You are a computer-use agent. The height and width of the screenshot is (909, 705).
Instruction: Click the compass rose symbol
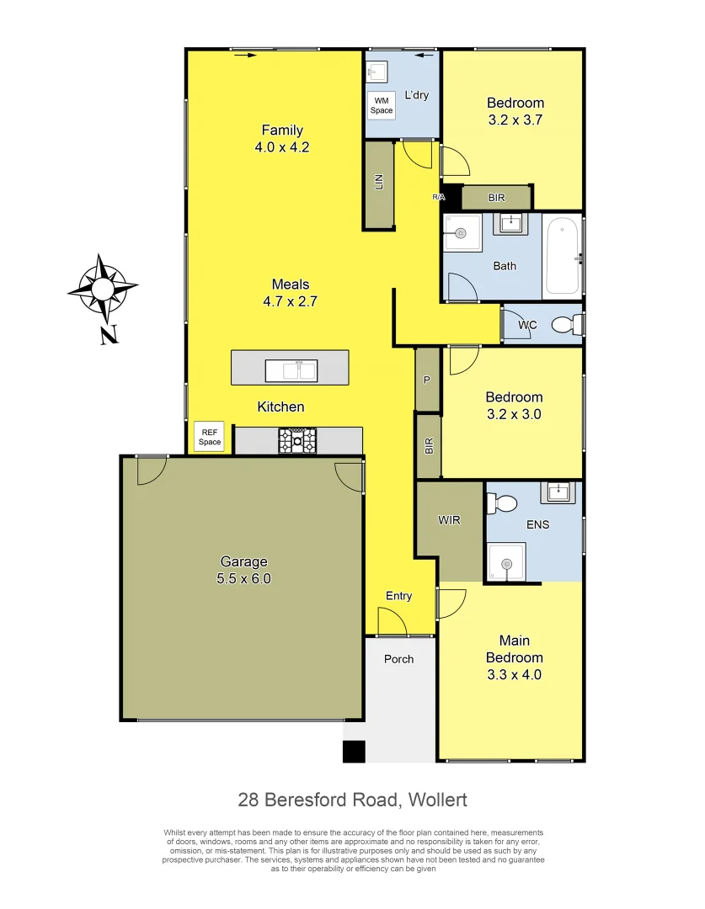tap(103, 290)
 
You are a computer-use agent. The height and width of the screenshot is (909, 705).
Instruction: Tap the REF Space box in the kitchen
tap(209, 437)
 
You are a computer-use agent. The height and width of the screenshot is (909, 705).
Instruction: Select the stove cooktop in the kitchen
tap(298, 440)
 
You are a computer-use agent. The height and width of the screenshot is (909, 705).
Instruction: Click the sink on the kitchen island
tap(291, 369)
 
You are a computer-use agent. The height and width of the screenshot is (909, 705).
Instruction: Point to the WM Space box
tap(382, 105)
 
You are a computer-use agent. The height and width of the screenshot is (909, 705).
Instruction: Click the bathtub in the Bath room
tap(561, 255)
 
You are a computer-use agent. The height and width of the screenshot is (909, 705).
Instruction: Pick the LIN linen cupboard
tap(379, 183)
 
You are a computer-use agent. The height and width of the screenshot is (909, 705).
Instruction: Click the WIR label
tap(449, 520)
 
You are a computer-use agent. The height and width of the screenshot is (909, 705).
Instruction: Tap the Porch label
tap(399, 658)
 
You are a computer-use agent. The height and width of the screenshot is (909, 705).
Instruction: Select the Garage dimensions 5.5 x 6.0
tap(244, 578)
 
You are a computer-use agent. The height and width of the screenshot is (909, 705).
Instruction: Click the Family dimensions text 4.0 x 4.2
tap(282, 146)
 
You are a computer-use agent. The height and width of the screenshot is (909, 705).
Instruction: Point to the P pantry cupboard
tap(427, 380)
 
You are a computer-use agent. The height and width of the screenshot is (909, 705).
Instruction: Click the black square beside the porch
tap(354, 751)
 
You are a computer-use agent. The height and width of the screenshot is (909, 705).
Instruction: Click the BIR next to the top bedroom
tap(496, 198)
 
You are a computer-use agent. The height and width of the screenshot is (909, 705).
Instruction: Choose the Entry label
tap(399, 596)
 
